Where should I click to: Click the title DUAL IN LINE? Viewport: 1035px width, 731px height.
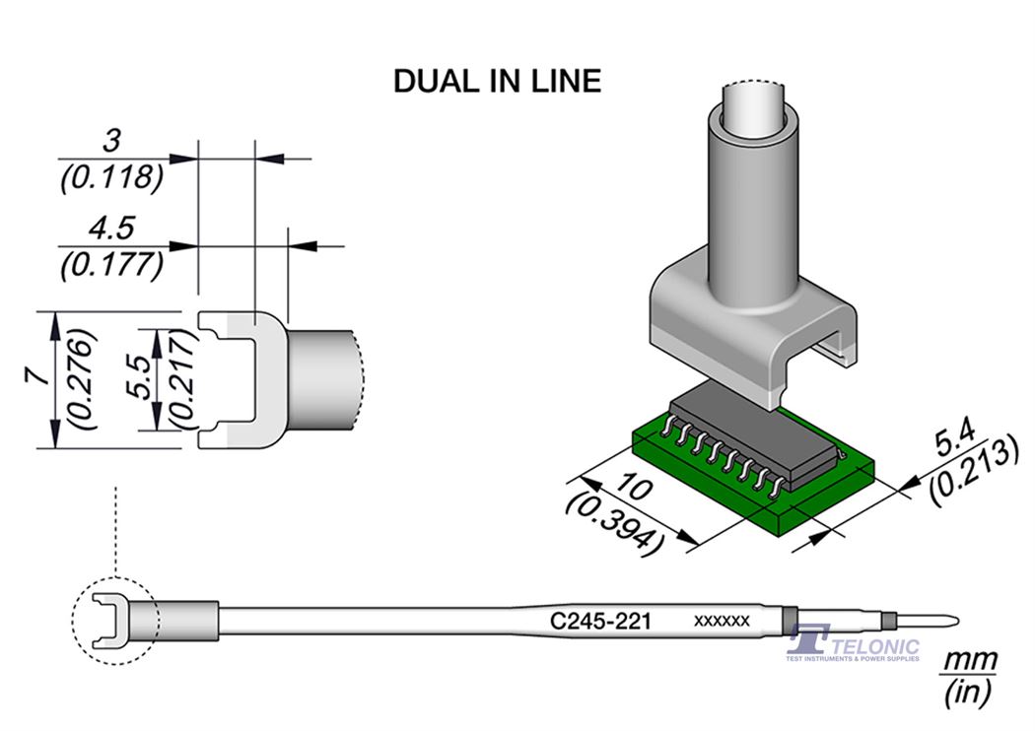(x=497, y=81)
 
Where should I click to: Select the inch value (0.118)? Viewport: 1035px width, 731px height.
(x=111, y=177)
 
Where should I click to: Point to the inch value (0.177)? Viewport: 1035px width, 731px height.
(x=111, y=266)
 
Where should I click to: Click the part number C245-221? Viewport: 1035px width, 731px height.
(x=597, y=621)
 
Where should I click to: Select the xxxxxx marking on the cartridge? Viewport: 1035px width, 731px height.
(x=723, y=621)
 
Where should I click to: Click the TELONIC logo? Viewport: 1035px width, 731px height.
(x=854, y=645)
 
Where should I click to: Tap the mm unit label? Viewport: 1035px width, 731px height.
(x=971, y=660)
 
